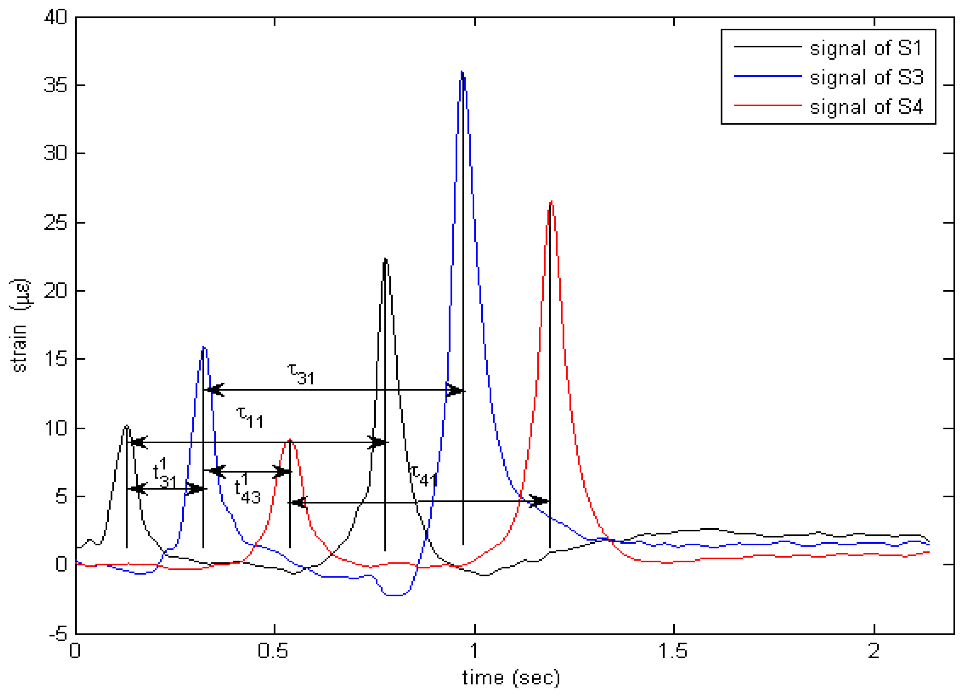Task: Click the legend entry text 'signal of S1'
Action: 865,48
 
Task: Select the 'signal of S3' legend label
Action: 866,77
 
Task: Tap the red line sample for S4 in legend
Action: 768,105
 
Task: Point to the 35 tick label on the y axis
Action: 55,85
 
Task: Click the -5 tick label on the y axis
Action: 58,635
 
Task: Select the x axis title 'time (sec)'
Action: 511,677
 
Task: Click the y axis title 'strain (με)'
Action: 20,325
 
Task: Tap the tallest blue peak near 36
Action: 462,72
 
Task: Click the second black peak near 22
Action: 385,259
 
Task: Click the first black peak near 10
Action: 127,426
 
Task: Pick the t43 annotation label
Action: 247,489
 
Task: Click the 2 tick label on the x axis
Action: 873,651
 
